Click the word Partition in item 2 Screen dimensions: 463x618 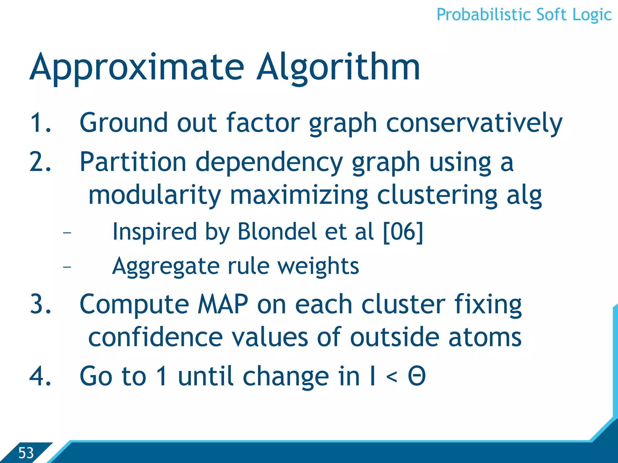click(x=133, y=162)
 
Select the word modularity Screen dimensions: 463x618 click(x=154, y=195)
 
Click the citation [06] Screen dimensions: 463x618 click(x=403, y=231)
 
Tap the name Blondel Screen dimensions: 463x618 click(x=277, y=231)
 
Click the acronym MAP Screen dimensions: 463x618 click(x=223, y=304)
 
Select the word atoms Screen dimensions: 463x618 click(x=485, y=337)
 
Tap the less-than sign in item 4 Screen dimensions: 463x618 click(x=391, y=377)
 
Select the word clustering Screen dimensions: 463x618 click(x=437, y=195)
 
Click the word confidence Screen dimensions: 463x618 click(x=155, y=337)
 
